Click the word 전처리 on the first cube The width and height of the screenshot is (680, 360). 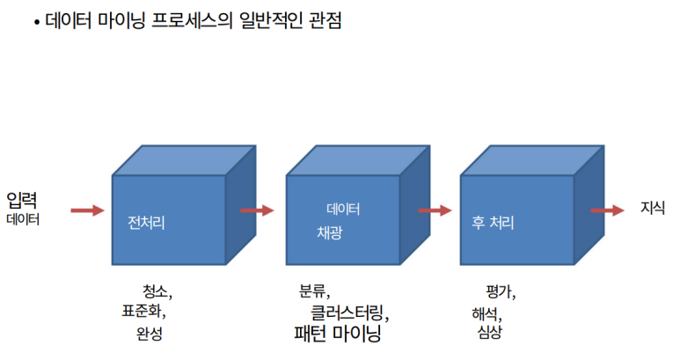click(x=146, y=224)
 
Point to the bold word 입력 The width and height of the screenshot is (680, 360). click(x=22, y=199)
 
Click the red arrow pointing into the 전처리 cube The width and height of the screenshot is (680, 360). click(x=86, y=210)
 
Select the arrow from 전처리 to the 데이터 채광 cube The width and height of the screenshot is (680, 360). click(x=257, y=210)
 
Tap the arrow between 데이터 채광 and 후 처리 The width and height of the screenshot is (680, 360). click(x=435, y=210)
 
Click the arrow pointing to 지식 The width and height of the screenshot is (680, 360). click(x=608, y=210)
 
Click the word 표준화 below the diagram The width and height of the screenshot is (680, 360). click(x=142, y=311)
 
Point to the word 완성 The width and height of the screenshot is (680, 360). click(x=150, y=333)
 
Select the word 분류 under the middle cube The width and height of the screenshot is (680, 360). click(x=312, y=291)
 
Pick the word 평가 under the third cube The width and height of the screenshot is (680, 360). click(x=498, y=291)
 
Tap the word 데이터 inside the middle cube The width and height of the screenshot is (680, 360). click(x=343, y=209)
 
